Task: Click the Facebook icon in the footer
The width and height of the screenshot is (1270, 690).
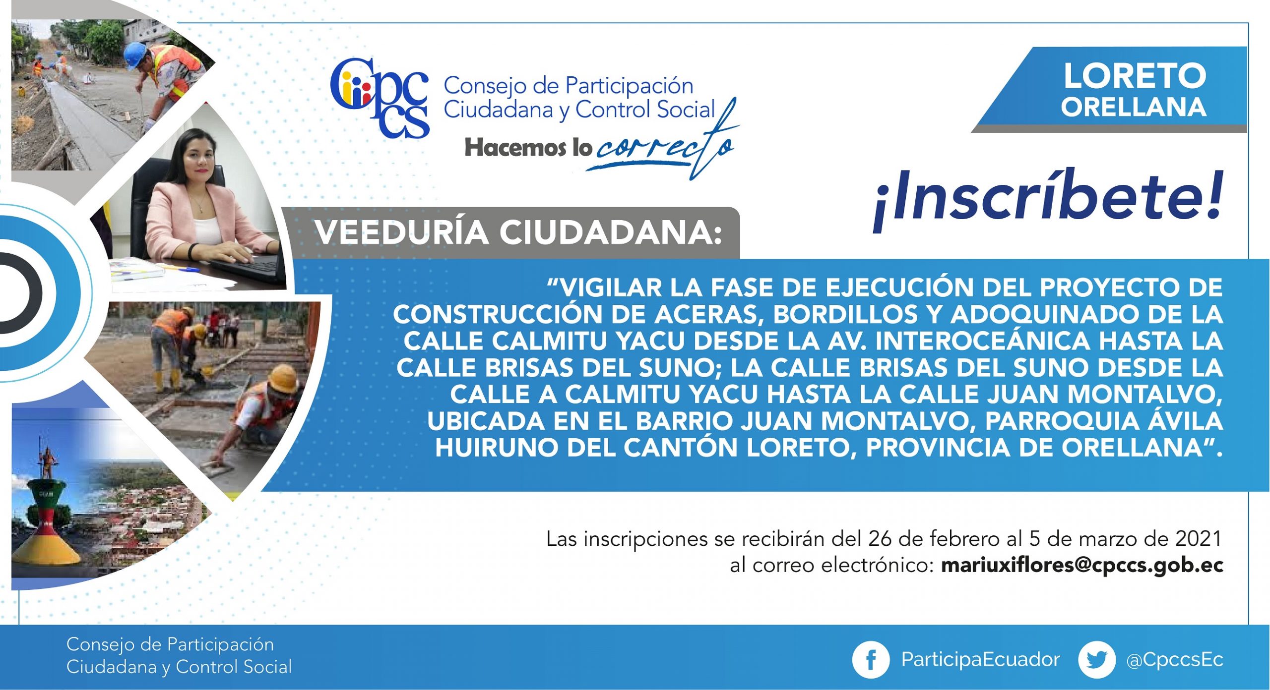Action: pos(870,660)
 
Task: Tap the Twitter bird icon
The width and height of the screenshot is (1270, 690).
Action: pos(1096,660)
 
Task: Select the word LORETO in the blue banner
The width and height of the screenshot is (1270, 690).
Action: pos(1135,76)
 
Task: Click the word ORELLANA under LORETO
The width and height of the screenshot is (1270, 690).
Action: pos(1134,107)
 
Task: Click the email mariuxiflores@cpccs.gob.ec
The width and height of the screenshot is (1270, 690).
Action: pos(1082,566)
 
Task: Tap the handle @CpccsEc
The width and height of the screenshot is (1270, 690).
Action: pos(1174,660)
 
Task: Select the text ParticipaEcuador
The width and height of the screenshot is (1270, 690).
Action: pos(980,660)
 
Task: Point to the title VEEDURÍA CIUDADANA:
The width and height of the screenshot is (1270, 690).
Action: pos(518,232)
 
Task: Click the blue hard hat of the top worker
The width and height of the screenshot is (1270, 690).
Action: pos(134,54)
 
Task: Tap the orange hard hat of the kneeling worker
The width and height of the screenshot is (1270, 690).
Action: pos(283,378)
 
